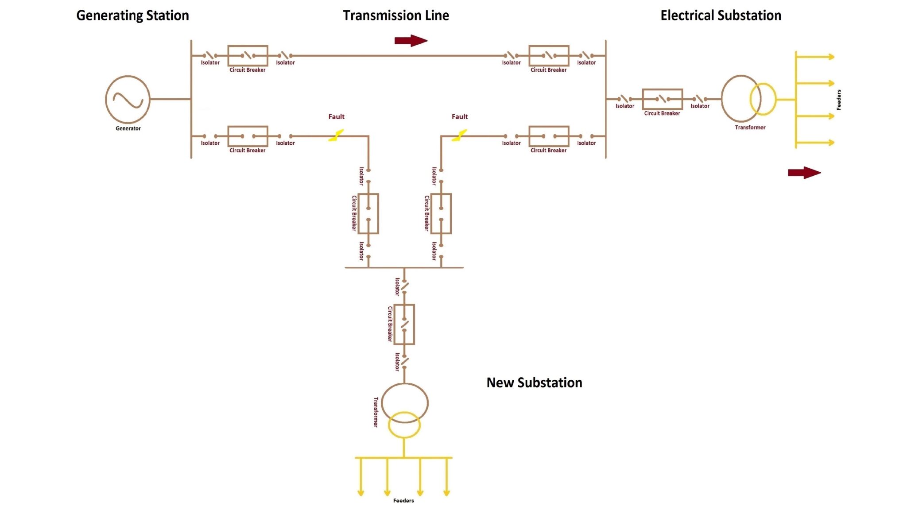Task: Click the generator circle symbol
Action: (128, 99)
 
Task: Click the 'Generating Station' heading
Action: (132, 15)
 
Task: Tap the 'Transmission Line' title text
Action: (395, 15)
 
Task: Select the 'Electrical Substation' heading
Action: (721, 15)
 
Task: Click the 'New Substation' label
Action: (534, 382)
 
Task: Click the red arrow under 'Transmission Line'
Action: (411, 41)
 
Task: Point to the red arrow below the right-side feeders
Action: (804, 173)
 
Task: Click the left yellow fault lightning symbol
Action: (336, 135)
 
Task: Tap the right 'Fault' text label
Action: (459, 116)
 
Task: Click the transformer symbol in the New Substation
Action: (404, 410)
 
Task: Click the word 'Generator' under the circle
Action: (128, 128)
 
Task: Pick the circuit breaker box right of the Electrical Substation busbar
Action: (662, 99)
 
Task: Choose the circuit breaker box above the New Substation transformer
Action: (404, 324)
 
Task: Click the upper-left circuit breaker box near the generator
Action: (248, 56)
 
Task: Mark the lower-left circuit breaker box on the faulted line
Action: (248, 136)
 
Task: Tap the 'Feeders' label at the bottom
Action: (403, 501)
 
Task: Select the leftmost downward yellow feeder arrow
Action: (360, 478)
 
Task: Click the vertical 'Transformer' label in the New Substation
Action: (376, 412)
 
